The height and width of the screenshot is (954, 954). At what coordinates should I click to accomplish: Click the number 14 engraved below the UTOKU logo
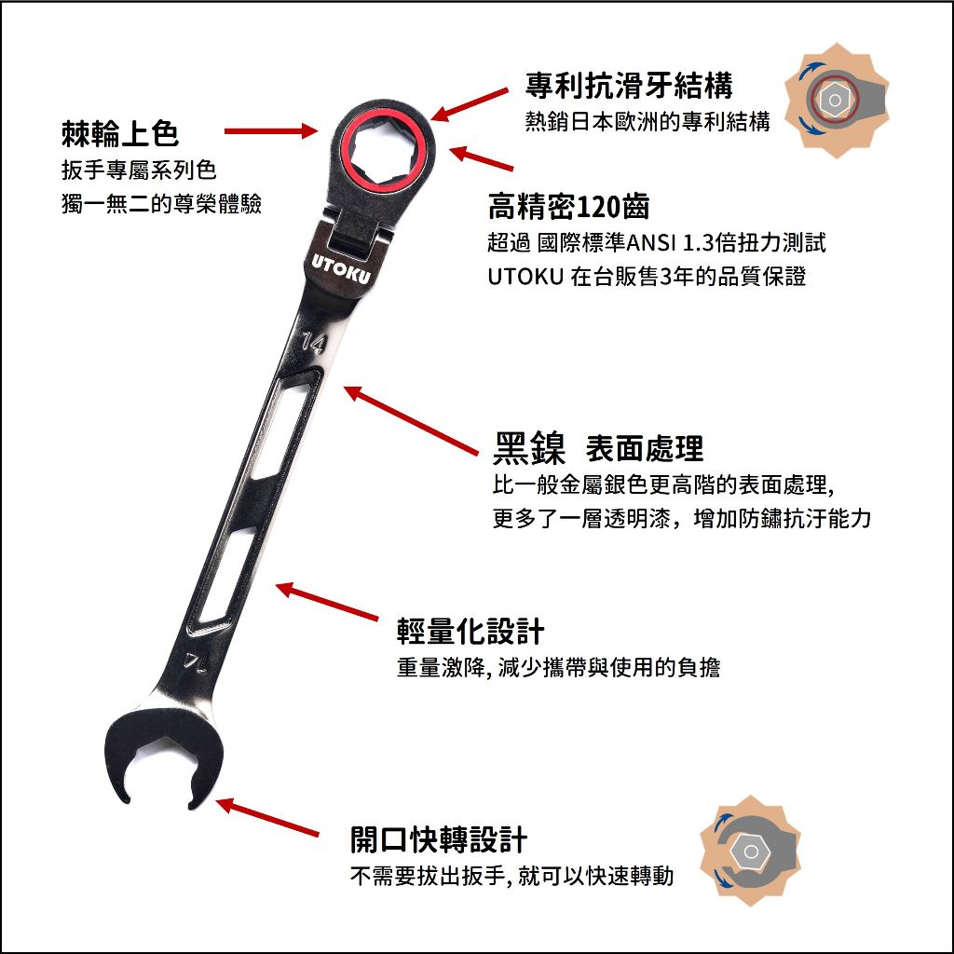tap(313, 343)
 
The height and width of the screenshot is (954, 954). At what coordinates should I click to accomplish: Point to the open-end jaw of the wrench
tap(163, 760)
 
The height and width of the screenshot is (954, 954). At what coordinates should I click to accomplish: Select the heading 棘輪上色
tap(120, 134)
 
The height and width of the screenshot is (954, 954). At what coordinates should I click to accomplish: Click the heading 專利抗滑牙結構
tap(629, 85)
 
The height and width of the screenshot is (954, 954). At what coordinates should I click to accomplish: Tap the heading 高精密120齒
tap(569, 207)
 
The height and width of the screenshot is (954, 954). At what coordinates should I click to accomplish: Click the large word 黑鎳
tap(529, 448)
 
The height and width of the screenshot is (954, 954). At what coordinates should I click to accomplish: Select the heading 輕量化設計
tap(470, 631)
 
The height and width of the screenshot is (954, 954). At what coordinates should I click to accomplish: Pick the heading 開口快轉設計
tap(438, 840)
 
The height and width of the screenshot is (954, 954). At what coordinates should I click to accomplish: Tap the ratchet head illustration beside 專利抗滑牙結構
tap(837, 101)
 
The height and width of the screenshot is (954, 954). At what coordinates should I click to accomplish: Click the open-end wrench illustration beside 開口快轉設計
tap(751, 852)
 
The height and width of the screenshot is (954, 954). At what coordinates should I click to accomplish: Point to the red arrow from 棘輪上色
tap(271, 130)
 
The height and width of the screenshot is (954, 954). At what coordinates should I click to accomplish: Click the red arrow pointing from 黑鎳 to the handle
tap(411, 420)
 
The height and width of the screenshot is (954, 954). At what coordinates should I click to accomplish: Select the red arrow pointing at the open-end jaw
tap(267, 817)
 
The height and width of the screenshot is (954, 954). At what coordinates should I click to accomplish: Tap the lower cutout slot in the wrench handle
tap(225, 578)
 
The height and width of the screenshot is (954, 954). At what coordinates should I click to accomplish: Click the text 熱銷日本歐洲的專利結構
tap(647, 122)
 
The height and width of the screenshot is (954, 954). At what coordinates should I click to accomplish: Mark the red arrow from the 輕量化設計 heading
tap(327, 602)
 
